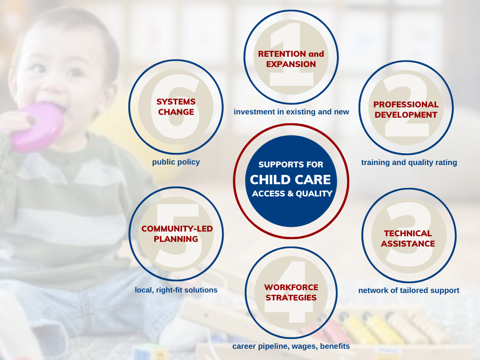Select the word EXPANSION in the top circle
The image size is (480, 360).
[x=291, y=64]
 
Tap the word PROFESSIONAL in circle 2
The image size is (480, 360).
[x=406, y=105]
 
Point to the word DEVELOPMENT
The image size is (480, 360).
[x=406, y=115]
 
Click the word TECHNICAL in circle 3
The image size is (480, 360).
[x=408, y=233]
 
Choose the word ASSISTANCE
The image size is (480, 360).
[x=408, y=244]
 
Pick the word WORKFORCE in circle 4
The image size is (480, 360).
[x=291, y=287]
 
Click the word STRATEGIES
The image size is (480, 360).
[x=291, y=298]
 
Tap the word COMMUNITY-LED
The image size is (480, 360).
[x=177, y=229]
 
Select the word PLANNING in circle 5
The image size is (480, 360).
[x=176, y=239]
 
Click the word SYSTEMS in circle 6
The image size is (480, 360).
[x=176, y=102]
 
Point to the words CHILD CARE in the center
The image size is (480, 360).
[x=291, y=180]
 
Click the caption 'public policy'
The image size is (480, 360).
[x=176, y=162]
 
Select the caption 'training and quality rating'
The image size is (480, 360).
[x=409, y=162]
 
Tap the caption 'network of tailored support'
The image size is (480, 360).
[x=409, y=290]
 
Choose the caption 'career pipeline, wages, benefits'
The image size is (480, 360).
[x=291, y=346]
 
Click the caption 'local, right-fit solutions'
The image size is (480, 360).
[x=176, y=290]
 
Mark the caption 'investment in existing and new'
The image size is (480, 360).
[x=291, y=112]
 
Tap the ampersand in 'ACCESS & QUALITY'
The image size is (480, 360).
[x=290, y=194]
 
